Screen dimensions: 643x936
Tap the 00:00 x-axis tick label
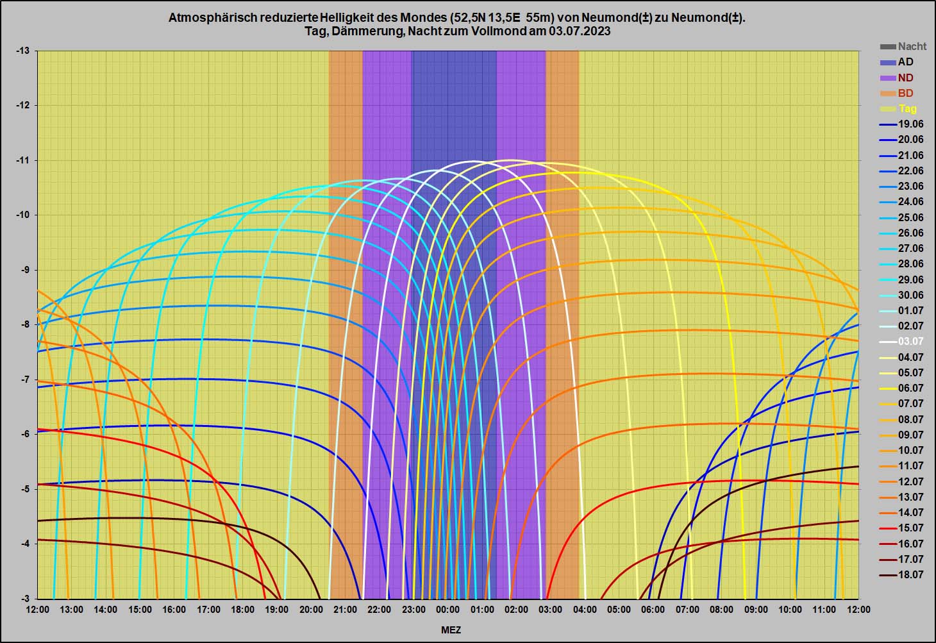coord(447,610)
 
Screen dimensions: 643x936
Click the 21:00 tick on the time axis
coord(345,610)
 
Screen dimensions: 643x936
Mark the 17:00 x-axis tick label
coord(208,610)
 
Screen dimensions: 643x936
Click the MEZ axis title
coord(451,630)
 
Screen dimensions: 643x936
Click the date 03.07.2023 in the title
coord(579,31)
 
